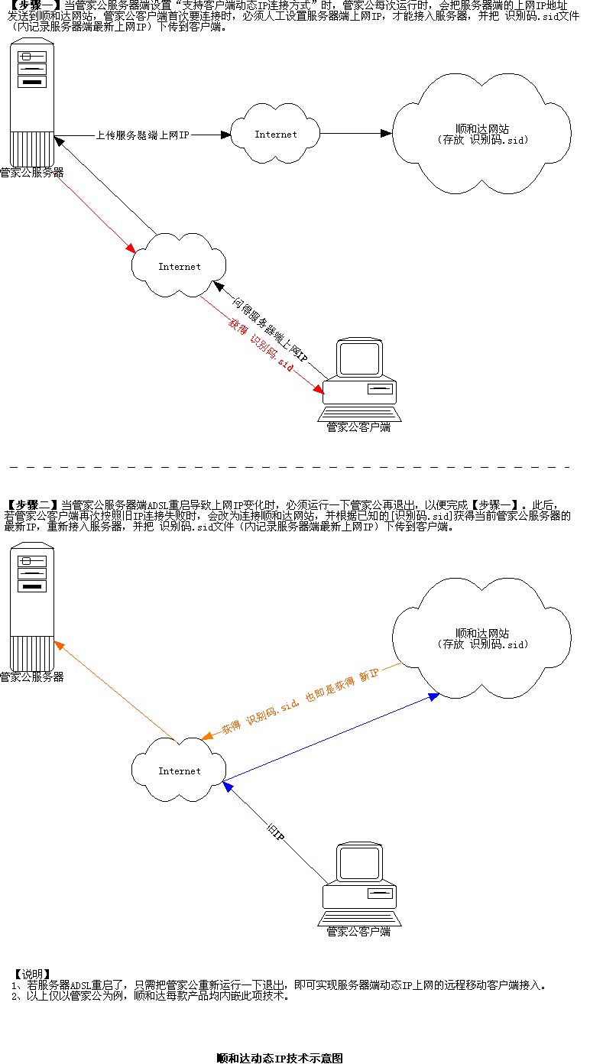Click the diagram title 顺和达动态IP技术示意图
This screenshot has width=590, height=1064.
pos(280,1058)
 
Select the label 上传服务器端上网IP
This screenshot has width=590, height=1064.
pos(142,135)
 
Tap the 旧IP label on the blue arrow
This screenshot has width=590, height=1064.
pos(277,835)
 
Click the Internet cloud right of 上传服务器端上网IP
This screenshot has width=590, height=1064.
pos(276,134)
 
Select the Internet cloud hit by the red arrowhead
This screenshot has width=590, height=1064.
pos(180,266)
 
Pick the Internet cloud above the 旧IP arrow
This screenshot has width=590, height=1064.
pos(179,770)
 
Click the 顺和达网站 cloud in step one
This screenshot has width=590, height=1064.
pos(481,135)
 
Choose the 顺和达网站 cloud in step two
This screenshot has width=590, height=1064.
pos(481,638)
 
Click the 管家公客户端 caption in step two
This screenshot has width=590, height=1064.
pos(358,932)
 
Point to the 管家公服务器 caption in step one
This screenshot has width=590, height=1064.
pos(31,173)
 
